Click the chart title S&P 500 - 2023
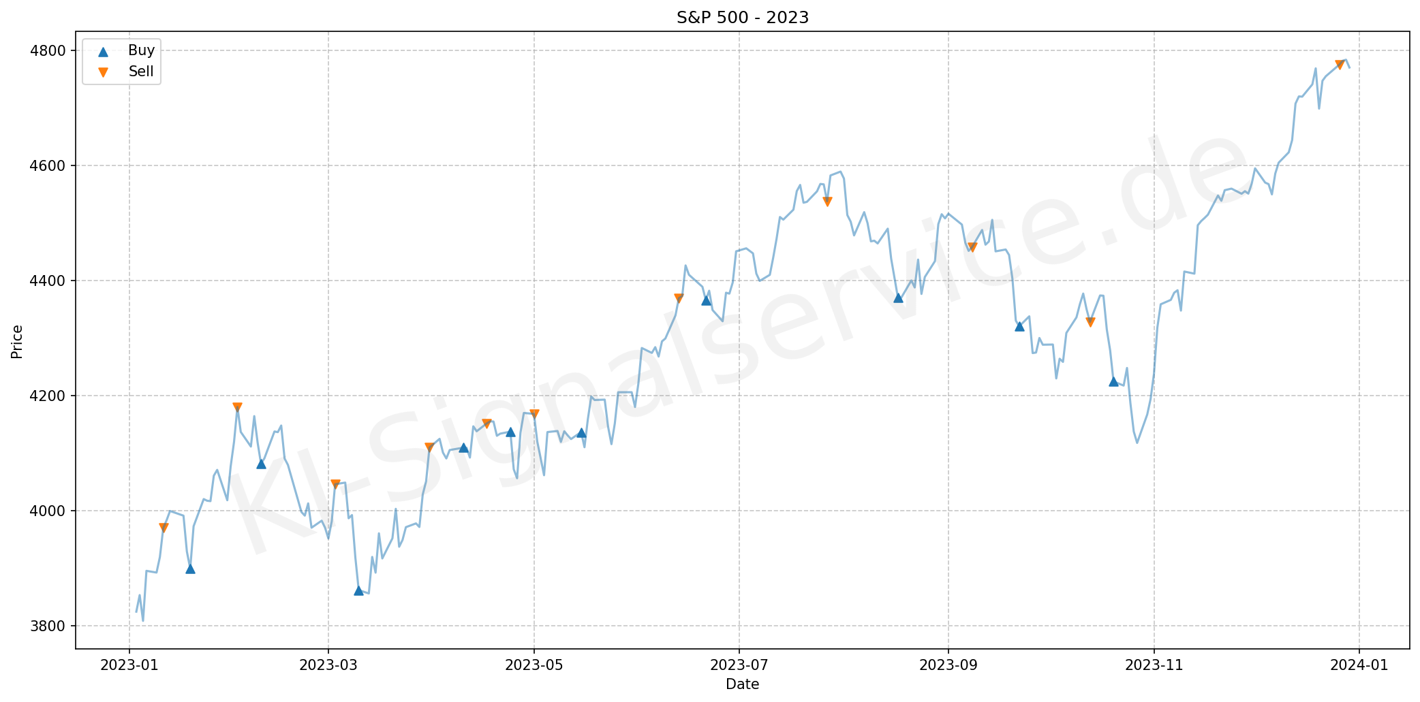pyautogui.click(x=742, y=17)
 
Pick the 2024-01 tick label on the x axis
pyautogui.click(x=1359, y=665)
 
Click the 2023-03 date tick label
pyautogui.click(x=328, y=665)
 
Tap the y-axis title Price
pyautogui.click(x=17, y=341)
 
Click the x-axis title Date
pyautogui.click(x=742, y=684)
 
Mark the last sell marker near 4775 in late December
pyautogui.click(x=1339, y=65)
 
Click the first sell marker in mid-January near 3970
pyautogui.click(x=164, y=528)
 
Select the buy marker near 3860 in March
pyautogui.click(x=358, y=590)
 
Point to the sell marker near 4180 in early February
pyautogui.click(x=237, y=407)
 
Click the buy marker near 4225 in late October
pyautogui.click(x=1113, y=381)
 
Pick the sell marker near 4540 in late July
pyautogui.click(x=827, y=202)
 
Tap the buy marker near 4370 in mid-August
pyautogui.click(x=898, y=298)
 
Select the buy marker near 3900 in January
pyautogui.click(x=190, y=569)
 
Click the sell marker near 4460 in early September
pyautogui.click(x=972, y=247)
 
